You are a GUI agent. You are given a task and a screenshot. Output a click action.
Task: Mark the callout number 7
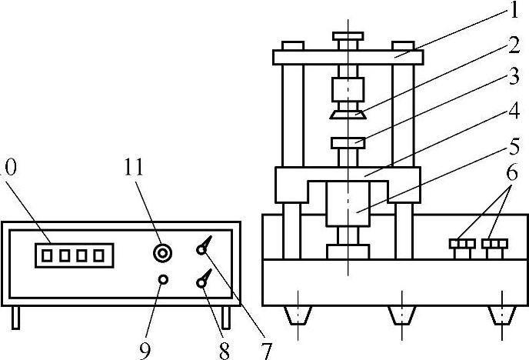click(266, 350)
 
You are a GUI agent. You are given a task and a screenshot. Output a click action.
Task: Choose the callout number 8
click(224, 350)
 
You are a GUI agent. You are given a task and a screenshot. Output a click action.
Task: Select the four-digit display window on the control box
click(70, 255)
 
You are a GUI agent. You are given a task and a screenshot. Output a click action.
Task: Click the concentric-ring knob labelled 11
click(162, 252)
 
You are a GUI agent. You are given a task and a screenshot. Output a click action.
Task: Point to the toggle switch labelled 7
click(204, 248)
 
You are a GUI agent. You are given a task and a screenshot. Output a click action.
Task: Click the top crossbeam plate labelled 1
click(348, 56)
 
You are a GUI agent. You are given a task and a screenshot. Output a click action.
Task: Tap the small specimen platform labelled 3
click(348, 143)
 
